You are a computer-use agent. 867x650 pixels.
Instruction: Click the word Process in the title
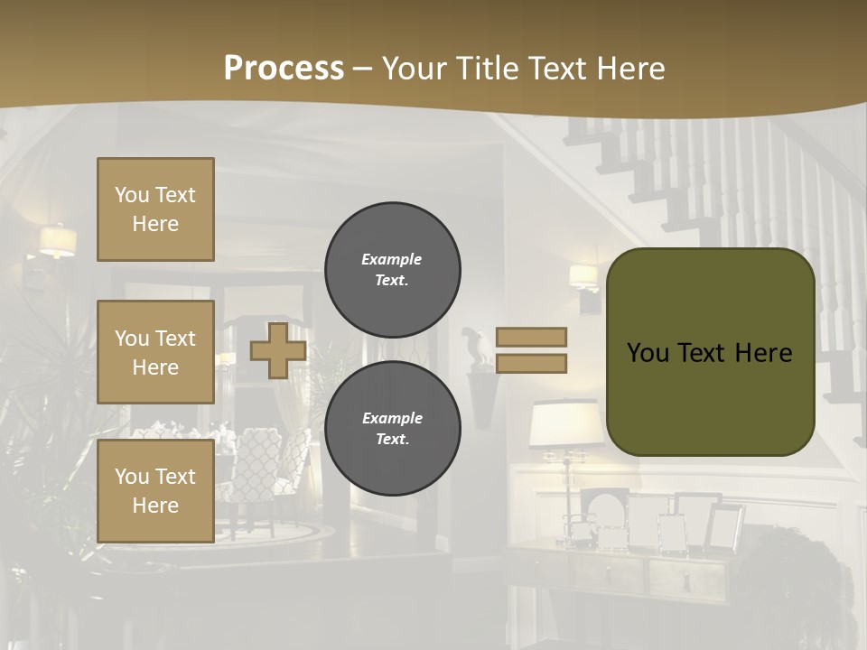(284, 68)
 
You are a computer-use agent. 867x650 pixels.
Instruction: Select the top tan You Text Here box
(155, 209)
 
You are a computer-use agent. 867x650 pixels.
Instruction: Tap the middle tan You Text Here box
(155, 352)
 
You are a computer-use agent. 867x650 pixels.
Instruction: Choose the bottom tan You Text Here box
(155, 491)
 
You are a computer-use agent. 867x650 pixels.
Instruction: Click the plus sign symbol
(278, 350)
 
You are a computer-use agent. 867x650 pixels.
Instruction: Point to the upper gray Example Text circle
(392, 270)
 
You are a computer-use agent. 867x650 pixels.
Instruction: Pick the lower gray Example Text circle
(392, 429)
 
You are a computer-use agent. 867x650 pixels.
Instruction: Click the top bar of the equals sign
(532, 337)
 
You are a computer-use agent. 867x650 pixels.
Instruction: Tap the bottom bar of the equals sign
(532, 363)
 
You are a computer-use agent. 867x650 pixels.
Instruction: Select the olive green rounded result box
(711, 352)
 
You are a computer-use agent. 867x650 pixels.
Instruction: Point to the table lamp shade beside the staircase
(565, 423)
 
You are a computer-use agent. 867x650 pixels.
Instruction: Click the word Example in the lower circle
(392, 418)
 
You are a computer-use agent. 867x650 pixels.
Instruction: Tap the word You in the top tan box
(132, 195)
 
